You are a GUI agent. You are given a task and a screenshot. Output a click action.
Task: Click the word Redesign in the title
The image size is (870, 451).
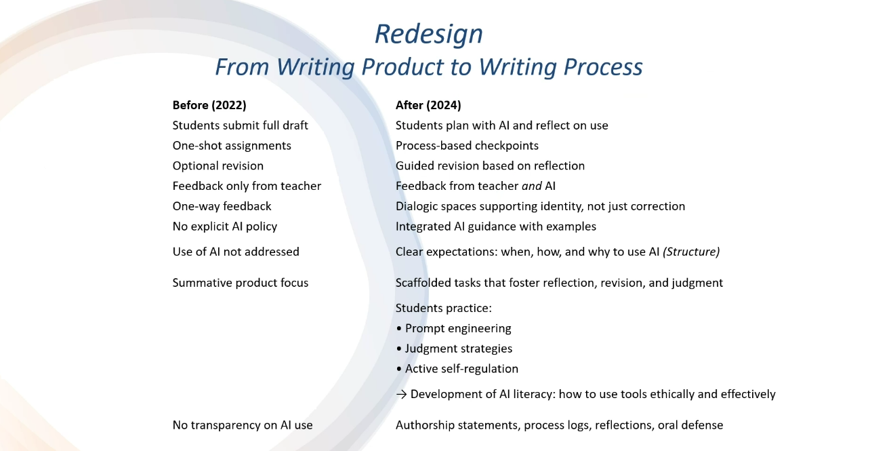coord(429,34)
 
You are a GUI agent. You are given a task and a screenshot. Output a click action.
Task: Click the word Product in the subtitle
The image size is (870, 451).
coord(402,67)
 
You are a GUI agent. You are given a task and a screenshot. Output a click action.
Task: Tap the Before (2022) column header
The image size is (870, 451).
coord(209,105)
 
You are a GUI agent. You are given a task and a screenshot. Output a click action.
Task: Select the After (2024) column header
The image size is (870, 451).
coord(428,105)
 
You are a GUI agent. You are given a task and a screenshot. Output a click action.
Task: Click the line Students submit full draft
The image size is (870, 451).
coord(240,125)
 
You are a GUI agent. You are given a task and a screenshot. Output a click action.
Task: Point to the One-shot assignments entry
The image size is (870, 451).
coord(232,146)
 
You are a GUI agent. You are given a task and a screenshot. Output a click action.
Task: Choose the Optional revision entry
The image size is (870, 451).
coord(218,166)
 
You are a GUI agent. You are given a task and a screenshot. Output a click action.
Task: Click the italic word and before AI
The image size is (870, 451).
coord(532,187)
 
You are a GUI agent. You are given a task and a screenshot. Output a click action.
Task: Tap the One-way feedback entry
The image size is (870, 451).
coord(222,206)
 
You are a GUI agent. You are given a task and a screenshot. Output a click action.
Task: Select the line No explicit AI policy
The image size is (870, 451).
coord(225,227)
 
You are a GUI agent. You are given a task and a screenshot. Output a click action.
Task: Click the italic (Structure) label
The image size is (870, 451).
coord(691,252)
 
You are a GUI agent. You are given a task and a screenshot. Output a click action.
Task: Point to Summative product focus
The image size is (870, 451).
coord(241,283)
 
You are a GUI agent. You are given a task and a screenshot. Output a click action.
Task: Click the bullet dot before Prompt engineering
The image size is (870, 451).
coord(399,329)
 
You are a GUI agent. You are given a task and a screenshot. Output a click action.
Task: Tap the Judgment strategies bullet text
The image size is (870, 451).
coord(459,349)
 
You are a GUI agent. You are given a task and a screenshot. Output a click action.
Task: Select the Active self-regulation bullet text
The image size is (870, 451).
coord(461,369)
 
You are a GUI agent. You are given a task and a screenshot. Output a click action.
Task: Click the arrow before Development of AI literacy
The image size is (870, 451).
coord(402,395)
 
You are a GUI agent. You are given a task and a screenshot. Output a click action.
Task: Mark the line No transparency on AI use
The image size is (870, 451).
coord(243,425)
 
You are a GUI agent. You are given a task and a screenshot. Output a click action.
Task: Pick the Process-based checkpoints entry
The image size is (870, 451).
coord(467,146)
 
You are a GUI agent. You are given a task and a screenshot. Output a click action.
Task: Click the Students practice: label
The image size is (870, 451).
coord(444,309)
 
